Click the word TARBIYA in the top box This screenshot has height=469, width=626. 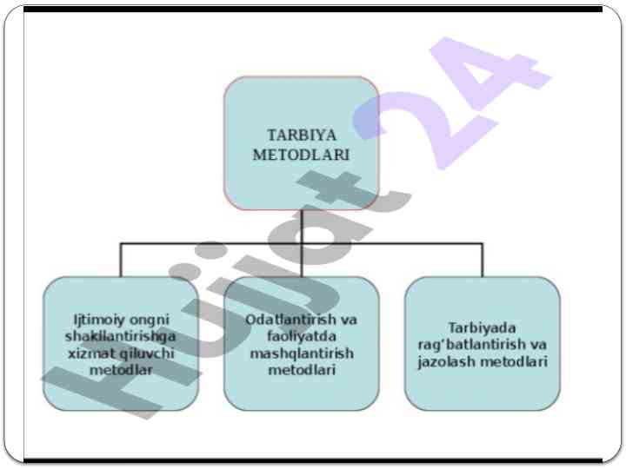coord(301,135)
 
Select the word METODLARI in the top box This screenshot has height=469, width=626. coord(301,155)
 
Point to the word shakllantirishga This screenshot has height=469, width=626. coord(120,336)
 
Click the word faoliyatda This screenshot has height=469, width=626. coord(301,336)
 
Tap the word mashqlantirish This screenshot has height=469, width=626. coord(301,353)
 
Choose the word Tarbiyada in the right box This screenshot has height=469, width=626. coord(482,328)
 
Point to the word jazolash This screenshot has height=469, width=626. coord(446,361)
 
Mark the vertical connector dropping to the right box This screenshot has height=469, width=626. coord(483,261)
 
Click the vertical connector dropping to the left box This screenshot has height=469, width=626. coord(120,261)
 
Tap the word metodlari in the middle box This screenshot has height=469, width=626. coord(301,370)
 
